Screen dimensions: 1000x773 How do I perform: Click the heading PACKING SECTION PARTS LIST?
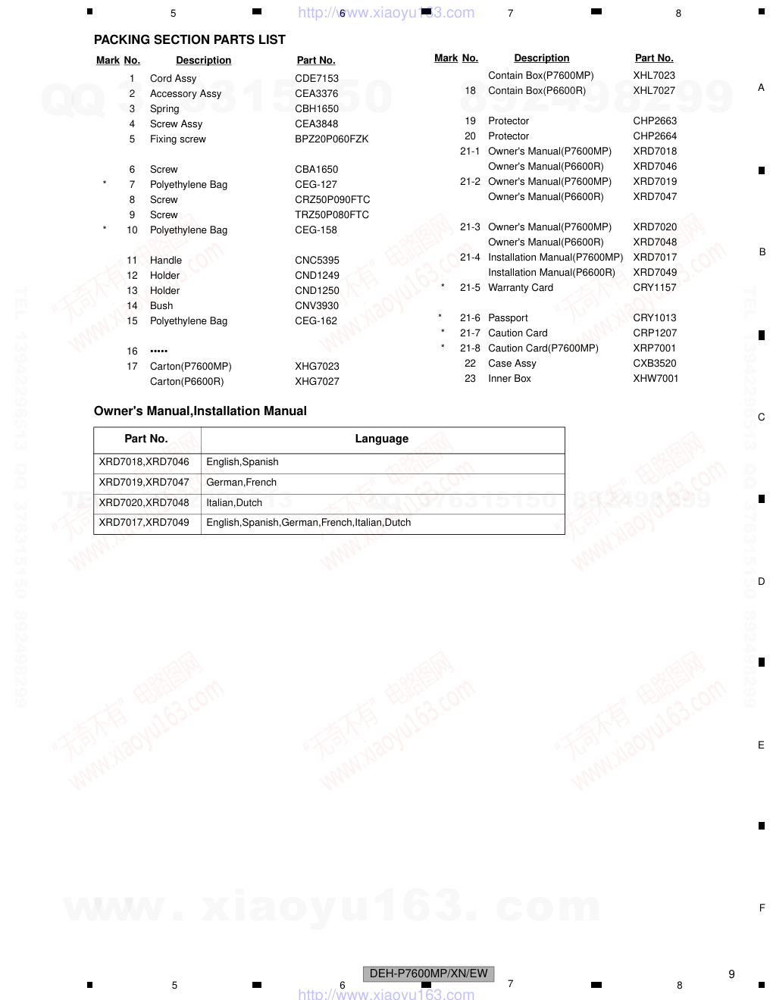189,39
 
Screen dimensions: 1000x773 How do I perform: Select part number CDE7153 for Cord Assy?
317,78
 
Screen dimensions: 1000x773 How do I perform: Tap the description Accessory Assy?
186,93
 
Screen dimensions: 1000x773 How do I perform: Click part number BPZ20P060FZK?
331,139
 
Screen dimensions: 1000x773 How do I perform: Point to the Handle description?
166,260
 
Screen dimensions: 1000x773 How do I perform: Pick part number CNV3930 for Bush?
317,305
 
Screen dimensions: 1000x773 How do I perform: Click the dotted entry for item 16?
159,351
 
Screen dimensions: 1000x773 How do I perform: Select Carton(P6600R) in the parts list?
187,381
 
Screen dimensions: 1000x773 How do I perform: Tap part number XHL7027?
654,90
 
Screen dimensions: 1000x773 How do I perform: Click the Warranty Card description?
521,287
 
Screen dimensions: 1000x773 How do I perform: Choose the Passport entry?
508,317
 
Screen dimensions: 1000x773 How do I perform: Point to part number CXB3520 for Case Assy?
655,363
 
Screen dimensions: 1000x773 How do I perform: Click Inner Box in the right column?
509,378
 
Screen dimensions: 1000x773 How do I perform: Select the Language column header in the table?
382,439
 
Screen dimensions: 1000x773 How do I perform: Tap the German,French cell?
242,482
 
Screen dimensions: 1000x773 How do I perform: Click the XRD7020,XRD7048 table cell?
144,502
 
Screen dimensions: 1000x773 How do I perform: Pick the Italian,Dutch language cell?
234,502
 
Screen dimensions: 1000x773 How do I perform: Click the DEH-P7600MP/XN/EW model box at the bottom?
429,973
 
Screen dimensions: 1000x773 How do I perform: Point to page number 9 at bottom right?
731,974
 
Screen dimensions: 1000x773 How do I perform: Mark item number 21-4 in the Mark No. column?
470,257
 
